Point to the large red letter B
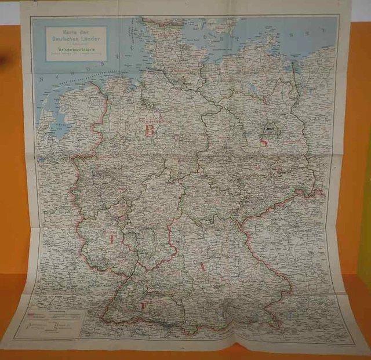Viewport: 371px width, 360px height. click(x=150, y=130)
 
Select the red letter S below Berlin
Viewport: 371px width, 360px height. click(x=264, y=143)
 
